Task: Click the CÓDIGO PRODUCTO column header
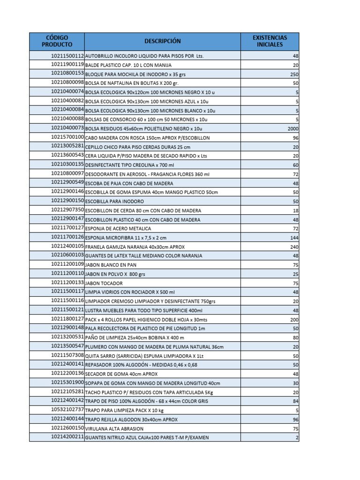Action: [x=57, y=41]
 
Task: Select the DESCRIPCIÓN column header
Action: [x=162, y=41]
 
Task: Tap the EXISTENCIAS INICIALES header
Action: [x=270, y=41]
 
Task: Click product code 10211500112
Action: [x=67, y=55]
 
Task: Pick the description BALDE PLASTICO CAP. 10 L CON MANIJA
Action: [x=128, y=65]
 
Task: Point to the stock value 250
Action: [x=294, y=74]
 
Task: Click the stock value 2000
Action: [x=292, y=128]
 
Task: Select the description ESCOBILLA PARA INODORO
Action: [x=114, y=201]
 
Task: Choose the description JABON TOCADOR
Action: [x=104, y=283]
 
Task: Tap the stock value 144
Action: [x=294, y=238]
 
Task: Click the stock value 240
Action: [x=294, y=247]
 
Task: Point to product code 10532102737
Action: [x=67, y=409]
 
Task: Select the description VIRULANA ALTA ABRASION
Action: [x=114, y=428]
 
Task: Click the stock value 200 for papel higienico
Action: [x=294, y=319]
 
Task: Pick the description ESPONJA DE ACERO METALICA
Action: [x=118, y=229]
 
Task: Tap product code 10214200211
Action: [x=67, y=437]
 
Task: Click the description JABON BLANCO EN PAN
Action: [x=111, y=265]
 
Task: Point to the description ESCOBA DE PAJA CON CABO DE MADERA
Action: [x=129, y=183]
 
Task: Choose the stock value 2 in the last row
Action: [x=297, y=437]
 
